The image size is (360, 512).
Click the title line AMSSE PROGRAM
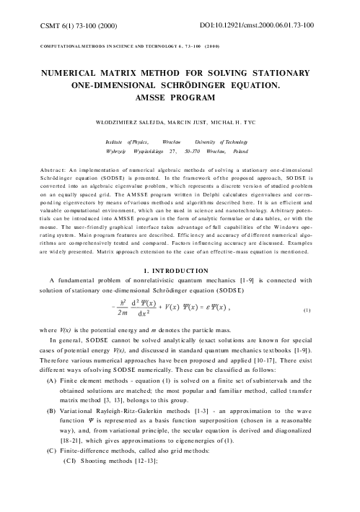180,99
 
